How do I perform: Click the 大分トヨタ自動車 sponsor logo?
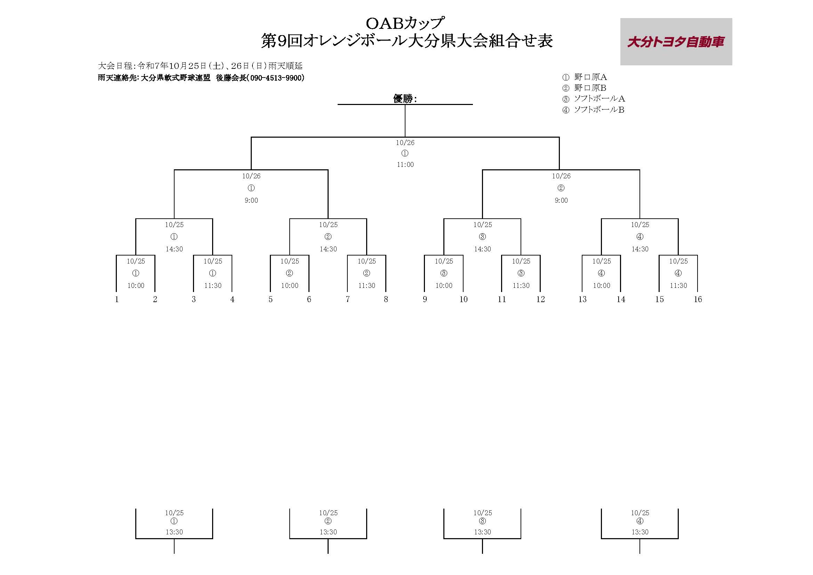tap(676, 42)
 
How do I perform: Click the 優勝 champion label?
tap(403, 98)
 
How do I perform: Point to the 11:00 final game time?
tap(405, 165)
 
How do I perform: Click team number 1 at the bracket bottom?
tap(117, 300)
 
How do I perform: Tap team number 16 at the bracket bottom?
tap(698, 300)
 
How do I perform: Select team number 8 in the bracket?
tap(386, 300)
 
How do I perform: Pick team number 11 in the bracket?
tap(502, 300)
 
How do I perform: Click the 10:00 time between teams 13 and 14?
tap(602, 286)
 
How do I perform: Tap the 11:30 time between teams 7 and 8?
tap(367, 286)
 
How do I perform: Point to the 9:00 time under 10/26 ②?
tap(561, 200)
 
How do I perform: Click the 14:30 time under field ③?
tap(482, 249)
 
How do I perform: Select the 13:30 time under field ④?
tap(640, 532)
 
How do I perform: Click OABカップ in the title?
tap(404, 23)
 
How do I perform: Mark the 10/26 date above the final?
tap(405, 143)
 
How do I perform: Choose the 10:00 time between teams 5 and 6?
tap(290, 286)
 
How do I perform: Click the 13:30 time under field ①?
tap(174, 532)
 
